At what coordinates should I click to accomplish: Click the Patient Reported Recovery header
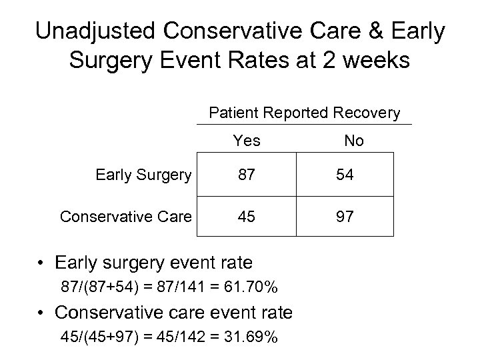point(305,113)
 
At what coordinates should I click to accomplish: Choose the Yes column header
point(247,141)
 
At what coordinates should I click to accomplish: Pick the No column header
point(353,141)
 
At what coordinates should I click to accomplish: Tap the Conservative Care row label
point(126,216)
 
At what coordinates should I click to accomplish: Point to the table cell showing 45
point(247,216)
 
